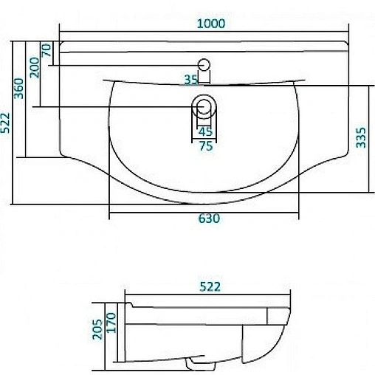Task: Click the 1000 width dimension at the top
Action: coord(211,23)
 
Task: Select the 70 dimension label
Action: coord(47,51)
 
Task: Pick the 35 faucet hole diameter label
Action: coord(191,78)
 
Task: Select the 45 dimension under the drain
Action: coord(205,132)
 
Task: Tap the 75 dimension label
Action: coord(205,146)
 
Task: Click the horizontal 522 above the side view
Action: coord(210,286)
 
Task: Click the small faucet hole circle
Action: coord(204,63)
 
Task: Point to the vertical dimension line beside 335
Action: coord(370,144)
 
